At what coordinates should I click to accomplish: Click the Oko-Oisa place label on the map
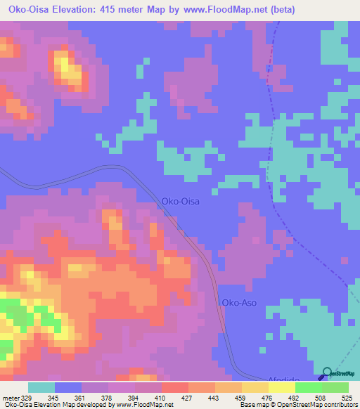click(181, 201)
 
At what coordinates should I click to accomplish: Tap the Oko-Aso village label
click(239, 303)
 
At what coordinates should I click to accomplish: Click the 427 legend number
click(188, 398)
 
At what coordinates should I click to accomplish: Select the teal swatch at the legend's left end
click(41, 387)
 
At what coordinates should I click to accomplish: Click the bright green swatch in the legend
click(308, 387)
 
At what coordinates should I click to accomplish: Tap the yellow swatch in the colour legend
click(281, 387)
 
